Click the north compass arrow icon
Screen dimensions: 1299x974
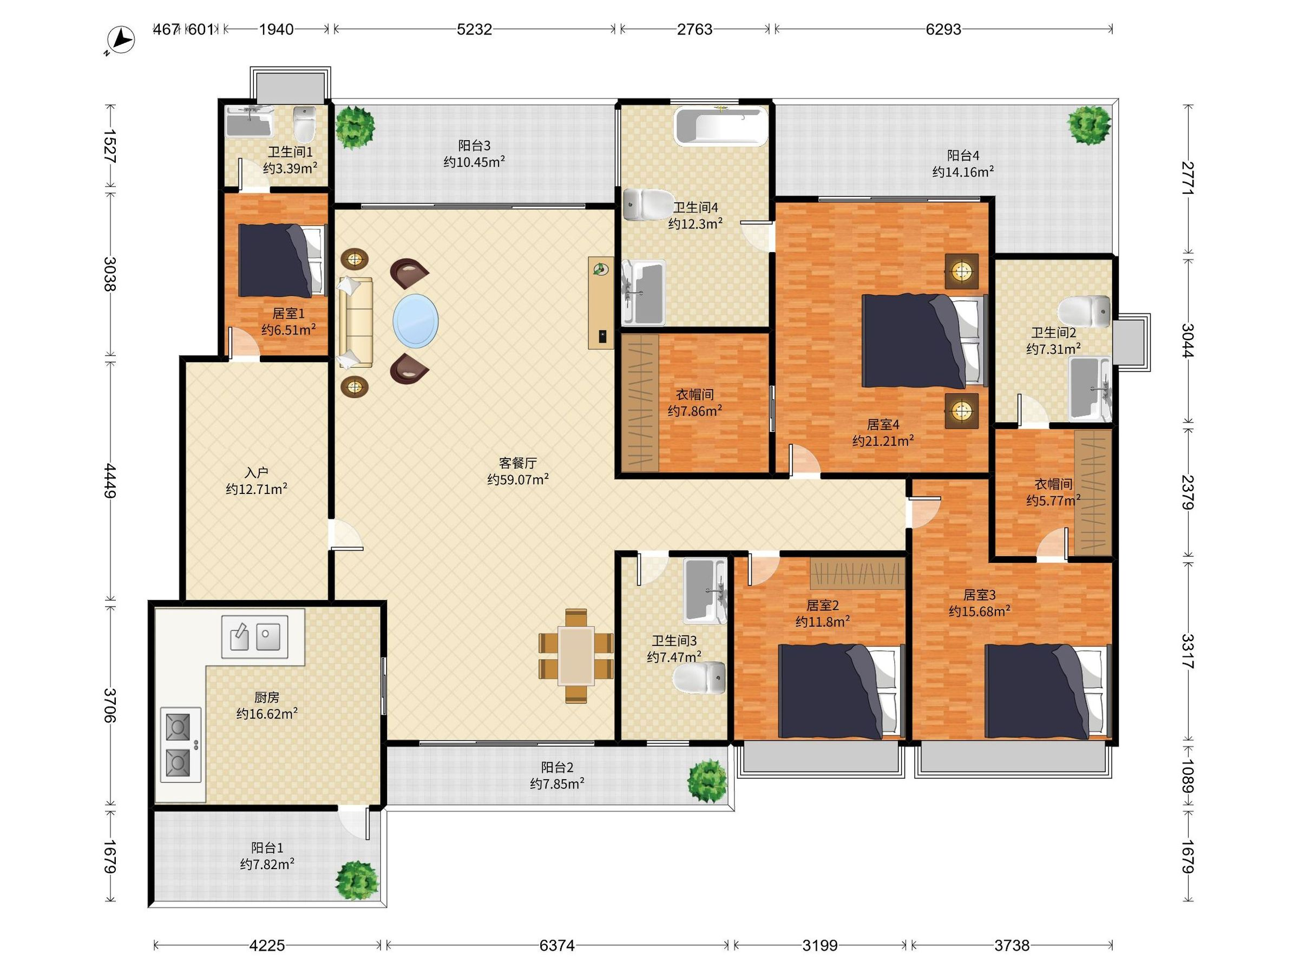pos(122,41)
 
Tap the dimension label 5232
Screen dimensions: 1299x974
pos(474,29)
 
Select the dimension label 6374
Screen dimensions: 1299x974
pos(557,945)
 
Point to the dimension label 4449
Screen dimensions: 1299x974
pos(110,481)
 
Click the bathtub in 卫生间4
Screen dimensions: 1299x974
pos(721,126)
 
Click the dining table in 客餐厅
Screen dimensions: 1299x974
pos(576,656)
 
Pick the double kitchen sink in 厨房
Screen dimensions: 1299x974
pos(254,636)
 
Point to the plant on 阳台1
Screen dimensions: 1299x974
pos(357,880)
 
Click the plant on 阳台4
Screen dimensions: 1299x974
pos(1090,125)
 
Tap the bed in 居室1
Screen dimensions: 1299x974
pos(283,261)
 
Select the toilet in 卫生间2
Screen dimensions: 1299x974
pos(1085,313)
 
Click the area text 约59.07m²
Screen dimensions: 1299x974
pos(518,479)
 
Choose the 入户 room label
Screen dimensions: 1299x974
pos(257,472)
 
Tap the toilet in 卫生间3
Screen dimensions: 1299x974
pos(699,677)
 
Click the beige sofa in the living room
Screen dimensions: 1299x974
pos(355,323)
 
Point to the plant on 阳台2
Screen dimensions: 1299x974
pos(707,780)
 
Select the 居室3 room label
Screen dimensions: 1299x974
pos(980,595)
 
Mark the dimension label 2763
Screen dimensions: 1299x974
pos(695,29)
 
